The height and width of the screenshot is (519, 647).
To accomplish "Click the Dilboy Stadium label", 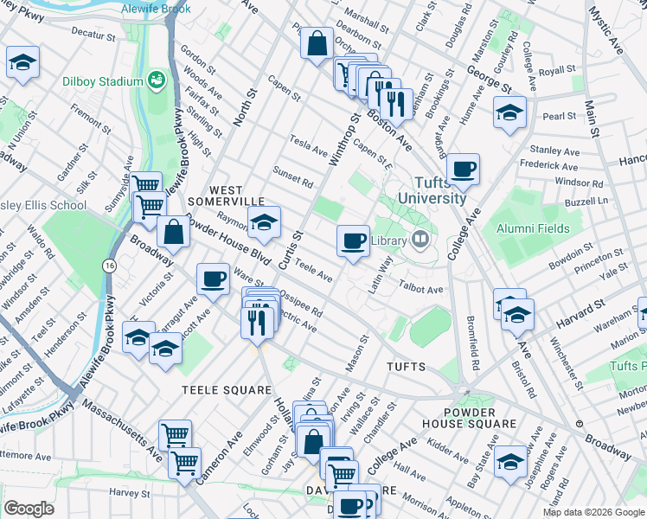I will (x=102, y=82).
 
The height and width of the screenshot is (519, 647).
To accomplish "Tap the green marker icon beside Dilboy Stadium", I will (x=157, y=80).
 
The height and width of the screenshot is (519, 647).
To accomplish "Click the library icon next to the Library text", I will (x=420, y=240).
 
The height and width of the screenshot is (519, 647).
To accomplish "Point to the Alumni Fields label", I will (x=532, y=228).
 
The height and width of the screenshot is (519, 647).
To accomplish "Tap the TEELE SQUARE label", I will (x=226, y=390).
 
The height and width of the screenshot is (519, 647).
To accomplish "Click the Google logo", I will (x=29, y=508).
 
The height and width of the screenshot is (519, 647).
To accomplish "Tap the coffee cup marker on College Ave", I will (x=464, y=169).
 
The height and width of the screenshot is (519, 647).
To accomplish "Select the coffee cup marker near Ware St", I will (x=213, y=279).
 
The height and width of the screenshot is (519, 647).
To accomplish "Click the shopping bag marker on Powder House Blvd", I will (x=174, y=232).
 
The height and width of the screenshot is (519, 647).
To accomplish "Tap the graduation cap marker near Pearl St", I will (x=509, y=113).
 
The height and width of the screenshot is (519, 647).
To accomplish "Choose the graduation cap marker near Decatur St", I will (x=22, y=62).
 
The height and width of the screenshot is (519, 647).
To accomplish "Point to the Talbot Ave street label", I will (x=421, y=286).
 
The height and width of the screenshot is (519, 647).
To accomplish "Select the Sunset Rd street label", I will (x=292, y=176).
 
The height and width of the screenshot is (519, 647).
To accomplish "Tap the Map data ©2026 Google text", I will (x=593, y=512).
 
